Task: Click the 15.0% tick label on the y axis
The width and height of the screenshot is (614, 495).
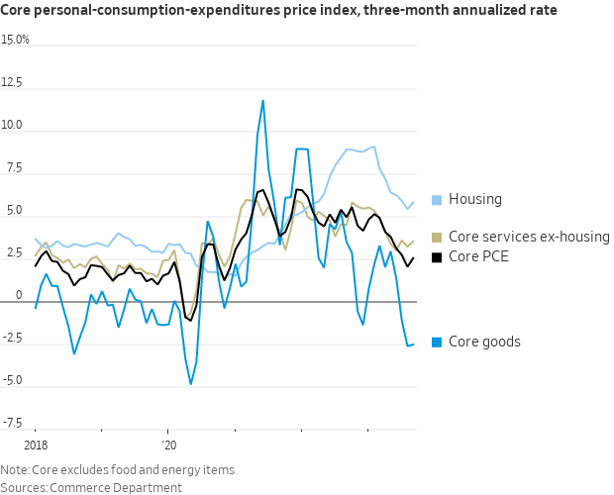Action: pos(16,41)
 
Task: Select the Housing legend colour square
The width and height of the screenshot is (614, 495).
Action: pos(437,200)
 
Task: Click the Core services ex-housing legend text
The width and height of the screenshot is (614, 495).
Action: pos(529,237)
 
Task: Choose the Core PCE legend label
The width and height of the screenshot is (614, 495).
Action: pos(482,256)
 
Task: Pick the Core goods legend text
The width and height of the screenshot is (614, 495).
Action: pos(484,342)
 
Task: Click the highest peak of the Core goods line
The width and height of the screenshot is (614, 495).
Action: pos(263,100)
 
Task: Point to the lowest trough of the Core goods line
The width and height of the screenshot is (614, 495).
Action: pos(190,384)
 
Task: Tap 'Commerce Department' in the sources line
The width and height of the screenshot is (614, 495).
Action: pos(103,486)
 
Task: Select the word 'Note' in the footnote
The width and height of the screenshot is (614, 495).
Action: pos(14,469)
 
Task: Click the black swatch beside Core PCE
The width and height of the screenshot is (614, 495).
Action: pos(437,256)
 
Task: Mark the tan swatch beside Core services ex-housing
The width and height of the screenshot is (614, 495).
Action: pos(437,237)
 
